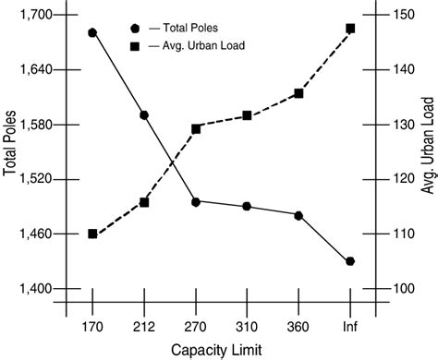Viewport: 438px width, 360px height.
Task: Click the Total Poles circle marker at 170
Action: tap(92, 32)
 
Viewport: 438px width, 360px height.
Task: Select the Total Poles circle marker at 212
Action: tap(144, 115)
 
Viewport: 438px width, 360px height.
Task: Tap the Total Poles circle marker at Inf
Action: tap(350, 261)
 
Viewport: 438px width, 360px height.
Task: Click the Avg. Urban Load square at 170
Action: tap(92, 234)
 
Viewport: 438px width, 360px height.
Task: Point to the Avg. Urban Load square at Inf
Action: tap(350, 29)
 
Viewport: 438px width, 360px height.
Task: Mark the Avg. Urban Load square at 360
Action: tap(298, 93)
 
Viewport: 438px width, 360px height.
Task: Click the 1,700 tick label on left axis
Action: tap(35, 16)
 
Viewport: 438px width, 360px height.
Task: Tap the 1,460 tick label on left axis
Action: tap(35, 234)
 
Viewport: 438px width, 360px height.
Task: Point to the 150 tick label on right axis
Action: tap(403, 16)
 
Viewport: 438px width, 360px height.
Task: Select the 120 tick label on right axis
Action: tap(403, 179)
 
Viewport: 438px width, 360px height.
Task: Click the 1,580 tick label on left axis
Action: tap(35, 125)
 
